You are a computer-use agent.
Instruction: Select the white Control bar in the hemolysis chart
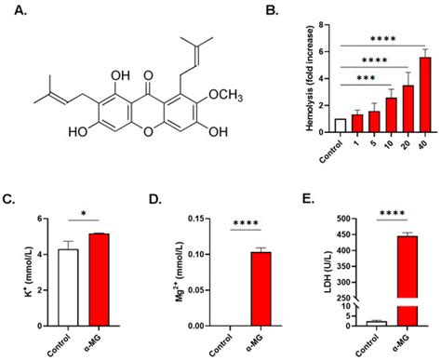pos(314,126)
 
